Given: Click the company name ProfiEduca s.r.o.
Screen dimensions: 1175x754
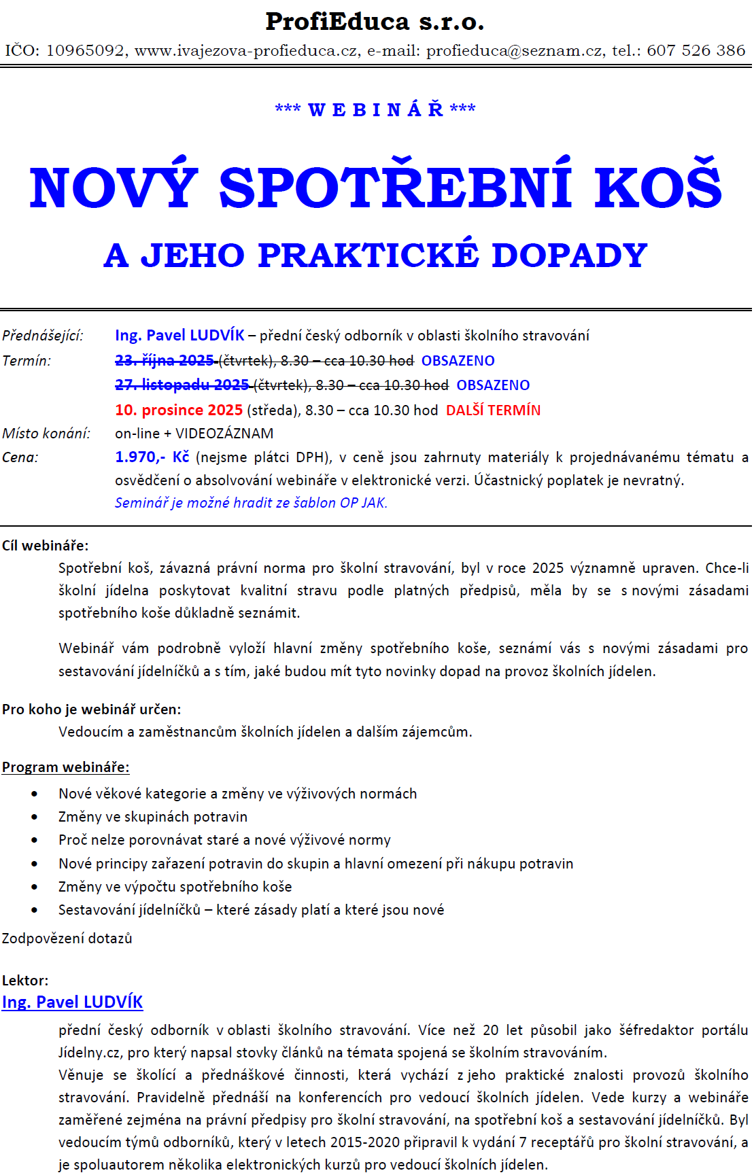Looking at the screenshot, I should click(375, 22).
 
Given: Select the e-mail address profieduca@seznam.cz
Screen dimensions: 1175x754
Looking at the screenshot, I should click(514, 50).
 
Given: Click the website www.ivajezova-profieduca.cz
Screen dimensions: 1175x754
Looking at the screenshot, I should click(247, 50).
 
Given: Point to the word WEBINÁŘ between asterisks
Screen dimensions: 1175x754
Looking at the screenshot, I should click(375, 109).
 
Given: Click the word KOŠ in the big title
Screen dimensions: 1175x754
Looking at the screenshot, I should click(657, 188).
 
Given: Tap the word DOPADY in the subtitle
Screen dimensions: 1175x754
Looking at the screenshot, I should click(569, 256).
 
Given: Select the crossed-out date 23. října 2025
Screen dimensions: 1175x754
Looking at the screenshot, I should click(165, 360).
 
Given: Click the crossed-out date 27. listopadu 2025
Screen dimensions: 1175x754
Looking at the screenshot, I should click(182, 385).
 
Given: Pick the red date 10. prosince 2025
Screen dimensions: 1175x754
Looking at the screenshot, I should click(179, 410).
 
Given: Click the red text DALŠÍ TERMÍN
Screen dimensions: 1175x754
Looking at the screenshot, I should click(493, 410).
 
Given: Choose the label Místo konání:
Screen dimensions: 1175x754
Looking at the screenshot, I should click(46, 434).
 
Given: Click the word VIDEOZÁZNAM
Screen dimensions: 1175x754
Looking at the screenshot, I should click(224, 434).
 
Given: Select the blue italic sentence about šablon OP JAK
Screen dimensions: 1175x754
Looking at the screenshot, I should click(251, 503).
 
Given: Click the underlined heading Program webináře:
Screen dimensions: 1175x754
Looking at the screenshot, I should click(65, 767).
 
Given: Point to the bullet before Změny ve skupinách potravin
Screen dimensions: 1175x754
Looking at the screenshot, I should click(35, 817).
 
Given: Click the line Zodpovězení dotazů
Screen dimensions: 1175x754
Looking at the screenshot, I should click(67, 939).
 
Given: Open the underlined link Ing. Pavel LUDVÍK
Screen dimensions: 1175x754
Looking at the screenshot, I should click(72, 1002).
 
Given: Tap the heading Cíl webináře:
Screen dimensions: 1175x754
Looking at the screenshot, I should click(45, 546).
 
